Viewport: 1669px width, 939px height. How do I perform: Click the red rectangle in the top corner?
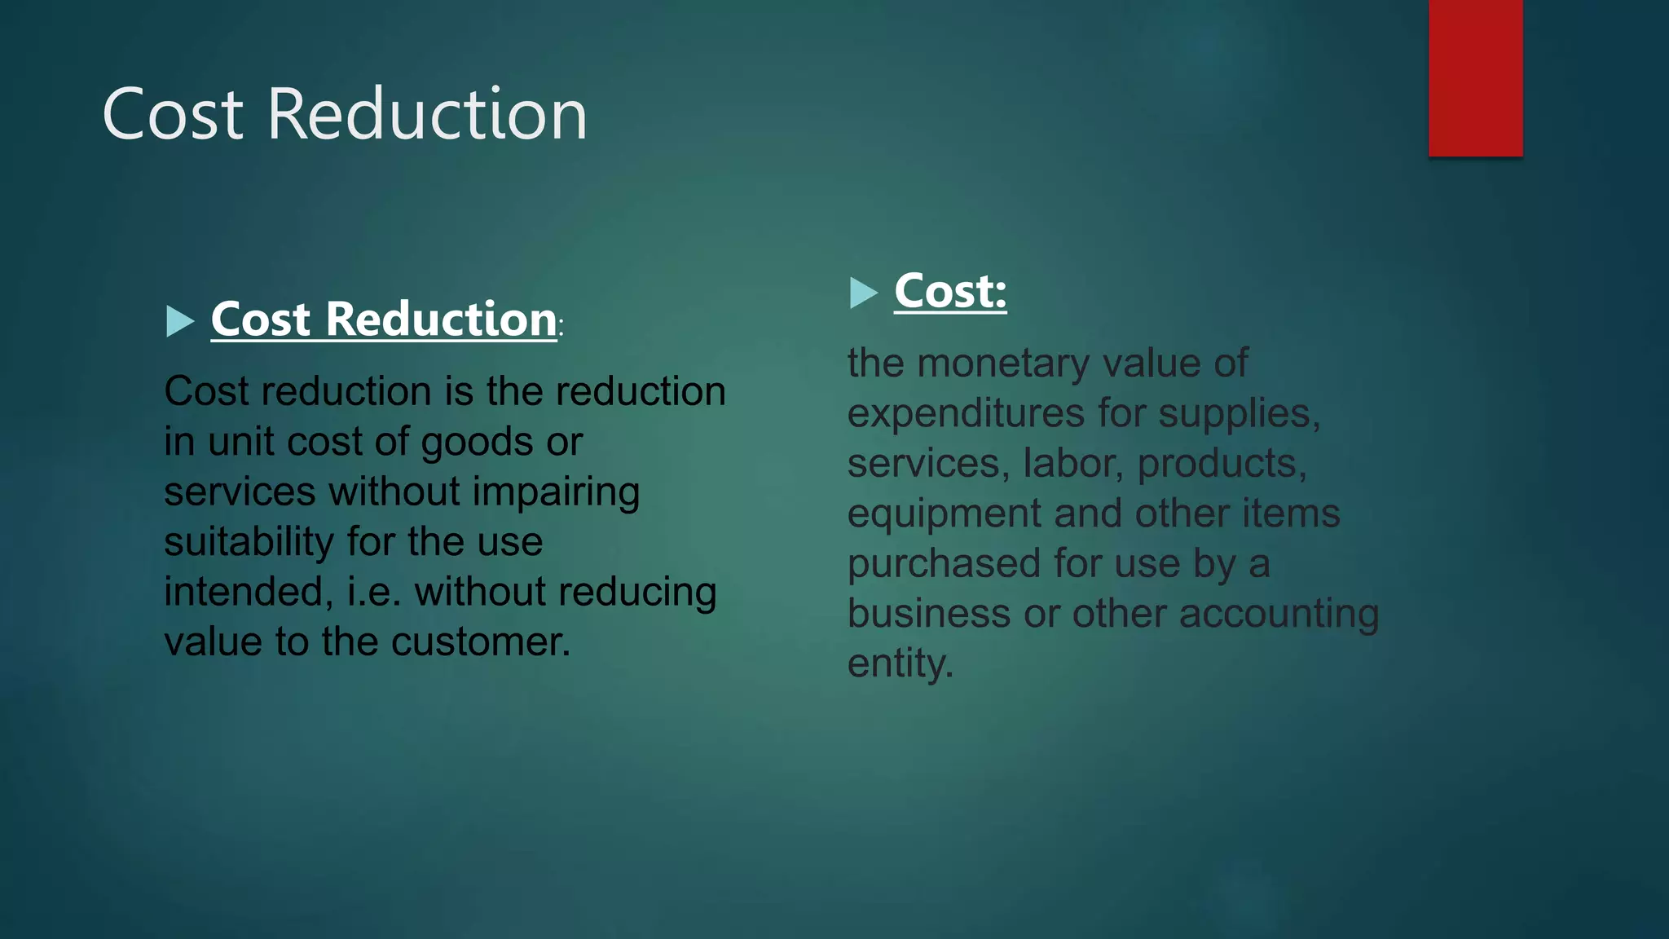point(1475,77)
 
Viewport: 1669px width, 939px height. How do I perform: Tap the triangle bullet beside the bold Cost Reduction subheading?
point(178,321)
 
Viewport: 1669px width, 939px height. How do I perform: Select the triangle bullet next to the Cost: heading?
point(862,293)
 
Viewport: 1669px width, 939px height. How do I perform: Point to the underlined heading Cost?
point(950,291)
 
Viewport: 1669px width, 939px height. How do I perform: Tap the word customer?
point(481,642)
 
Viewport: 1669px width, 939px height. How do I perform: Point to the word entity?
point(900,663)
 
